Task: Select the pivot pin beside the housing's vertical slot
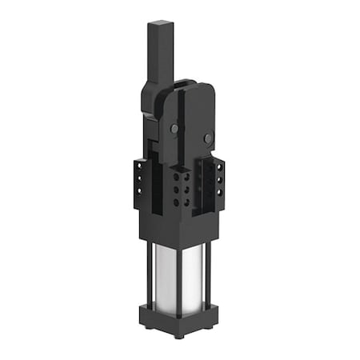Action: coord(174,128)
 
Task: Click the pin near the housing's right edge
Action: coord(209,138)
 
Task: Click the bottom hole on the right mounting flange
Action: coord(218,193)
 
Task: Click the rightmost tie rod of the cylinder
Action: coord(211,268)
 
